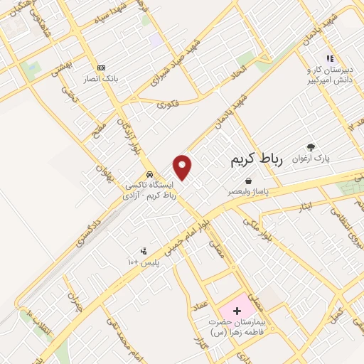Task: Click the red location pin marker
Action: [183, 166]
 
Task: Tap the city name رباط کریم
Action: [257, 161]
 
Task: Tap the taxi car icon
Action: [149, 174]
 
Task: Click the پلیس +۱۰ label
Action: [144, 262]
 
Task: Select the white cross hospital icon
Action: [237, 311]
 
